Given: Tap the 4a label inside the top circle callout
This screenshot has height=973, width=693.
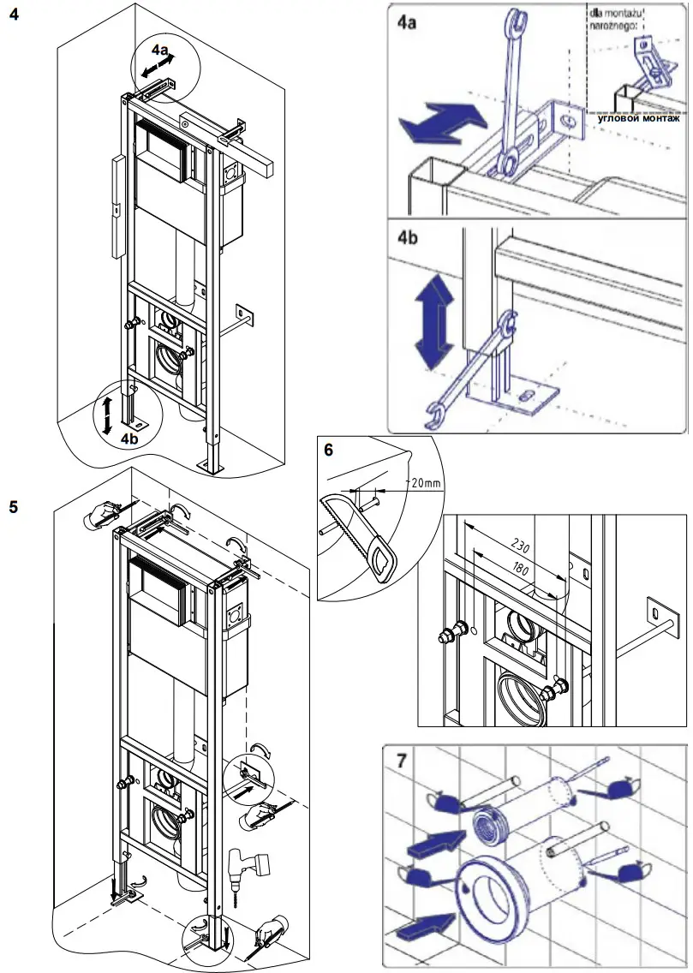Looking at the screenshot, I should point(158,51).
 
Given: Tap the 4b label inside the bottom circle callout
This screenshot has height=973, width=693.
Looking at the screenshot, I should point(129,438).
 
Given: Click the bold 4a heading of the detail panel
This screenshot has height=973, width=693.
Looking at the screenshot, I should point(408,21).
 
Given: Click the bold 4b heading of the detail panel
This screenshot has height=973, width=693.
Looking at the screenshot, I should point(409,236).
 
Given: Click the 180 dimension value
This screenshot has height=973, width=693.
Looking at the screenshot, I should point(516,566).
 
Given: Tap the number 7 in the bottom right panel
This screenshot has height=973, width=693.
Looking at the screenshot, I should point(403,760).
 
